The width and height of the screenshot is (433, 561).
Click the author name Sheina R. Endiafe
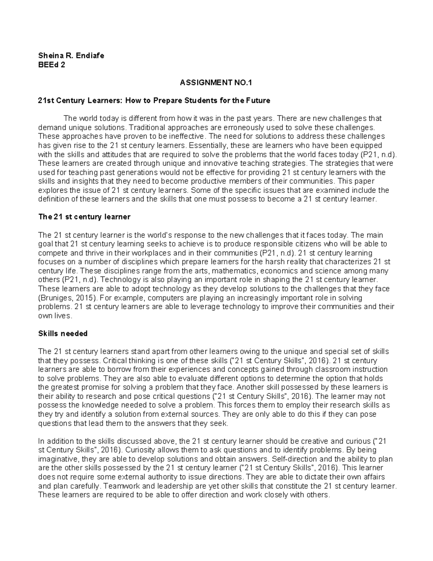(71, 56)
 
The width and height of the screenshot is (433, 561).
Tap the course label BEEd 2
(52, 65)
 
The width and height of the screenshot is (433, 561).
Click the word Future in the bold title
(258, 100)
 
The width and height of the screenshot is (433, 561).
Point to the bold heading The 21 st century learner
(84, 217)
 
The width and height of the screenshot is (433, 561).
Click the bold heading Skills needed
(63, 333)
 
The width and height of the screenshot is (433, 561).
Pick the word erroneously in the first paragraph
(240, 128)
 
